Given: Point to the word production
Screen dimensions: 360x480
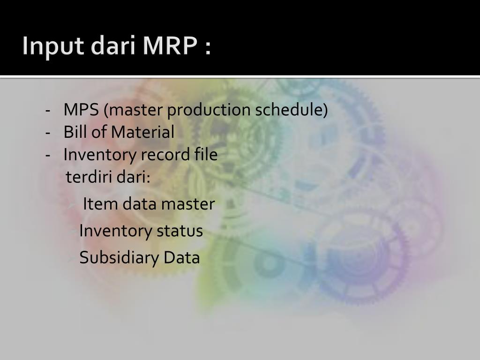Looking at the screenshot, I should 209,110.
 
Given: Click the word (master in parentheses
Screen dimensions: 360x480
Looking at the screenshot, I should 133,110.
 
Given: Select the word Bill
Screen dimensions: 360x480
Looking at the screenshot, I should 75,132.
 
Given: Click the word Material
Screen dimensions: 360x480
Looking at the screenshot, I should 142,132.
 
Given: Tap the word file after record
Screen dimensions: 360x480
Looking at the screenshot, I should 206,154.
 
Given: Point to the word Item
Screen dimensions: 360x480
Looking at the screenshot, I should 97,204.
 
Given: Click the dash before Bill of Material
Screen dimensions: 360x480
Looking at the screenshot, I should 48,133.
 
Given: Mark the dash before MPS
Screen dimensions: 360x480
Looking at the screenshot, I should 48,111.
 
